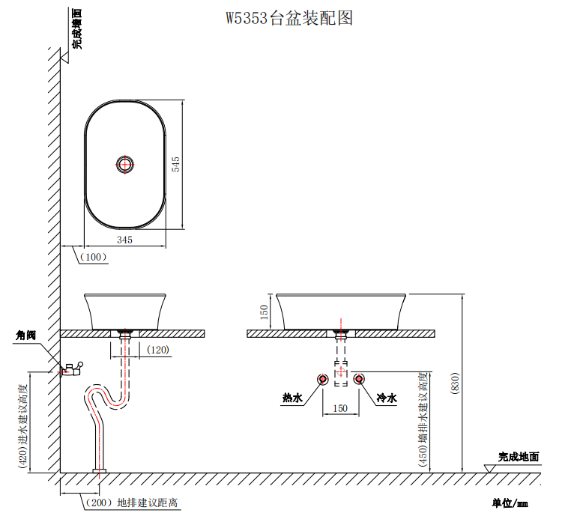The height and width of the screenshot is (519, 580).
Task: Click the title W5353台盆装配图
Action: click(x=289, y=19)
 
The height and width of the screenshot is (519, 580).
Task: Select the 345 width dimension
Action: click(x=124, y=240)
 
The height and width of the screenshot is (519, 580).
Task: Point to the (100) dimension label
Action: click(x=94, y=257)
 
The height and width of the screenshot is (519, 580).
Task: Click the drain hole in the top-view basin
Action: click(x=126, y=164)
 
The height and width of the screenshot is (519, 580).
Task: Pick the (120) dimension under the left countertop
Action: click(x=158, y=350)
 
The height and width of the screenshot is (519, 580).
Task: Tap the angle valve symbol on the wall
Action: click(x=72, y=368)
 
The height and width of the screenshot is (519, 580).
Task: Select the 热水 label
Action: click(x=291, y=398)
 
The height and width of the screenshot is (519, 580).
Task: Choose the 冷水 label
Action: click(x=387, y=398)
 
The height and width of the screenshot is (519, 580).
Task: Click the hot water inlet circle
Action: click(x=323, y=379)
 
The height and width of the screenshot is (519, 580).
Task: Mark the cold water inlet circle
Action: click(x=358, y=379)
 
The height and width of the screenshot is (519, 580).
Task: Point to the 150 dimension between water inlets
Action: click(x=340, y=409)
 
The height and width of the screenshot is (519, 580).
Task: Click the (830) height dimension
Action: click(x=454, y=383)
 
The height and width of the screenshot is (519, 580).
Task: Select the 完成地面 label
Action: click(x=519, y=456)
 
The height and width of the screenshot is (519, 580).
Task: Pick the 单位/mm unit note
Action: click(x=510, y=503)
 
